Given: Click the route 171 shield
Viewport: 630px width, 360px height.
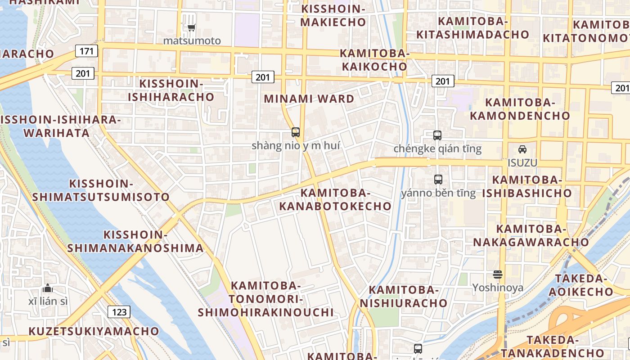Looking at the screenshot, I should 86,51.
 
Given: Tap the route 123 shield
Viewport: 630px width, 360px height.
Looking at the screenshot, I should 119,311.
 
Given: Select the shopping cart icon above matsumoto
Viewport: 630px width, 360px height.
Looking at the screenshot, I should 192,28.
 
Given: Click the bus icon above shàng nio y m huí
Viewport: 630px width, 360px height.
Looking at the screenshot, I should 295,132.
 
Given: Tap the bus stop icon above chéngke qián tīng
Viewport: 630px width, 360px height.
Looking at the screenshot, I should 437,135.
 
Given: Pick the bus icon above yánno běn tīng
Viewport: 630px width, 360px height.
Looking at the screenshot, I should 438,180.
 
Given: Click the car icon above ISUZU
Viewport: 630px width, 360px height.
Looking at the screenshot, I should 522,149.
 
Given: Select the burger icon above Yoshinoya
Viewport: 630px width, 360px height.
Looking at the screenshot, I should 497,274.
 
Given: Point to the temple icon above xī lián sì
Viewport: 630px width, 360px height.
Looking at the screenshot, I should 48,288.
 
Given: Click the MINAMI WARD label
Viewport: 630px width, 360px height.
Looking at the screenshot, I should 309,99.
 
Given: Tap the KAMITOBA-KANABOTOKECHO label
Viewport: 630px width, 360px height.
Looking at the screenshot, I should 335,199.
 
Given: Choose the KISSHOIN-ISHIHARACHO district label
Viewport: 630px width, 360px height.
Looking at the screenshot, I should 171,90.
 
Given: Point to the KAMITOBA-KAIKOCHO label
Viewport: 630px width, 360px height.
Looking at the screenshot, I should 374,60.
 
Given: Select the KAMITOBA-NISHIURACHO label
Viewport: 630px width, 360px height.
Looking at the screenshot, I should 404,296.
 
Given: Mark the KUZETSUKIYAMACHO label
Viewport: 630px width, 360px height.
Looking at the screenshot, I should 94,331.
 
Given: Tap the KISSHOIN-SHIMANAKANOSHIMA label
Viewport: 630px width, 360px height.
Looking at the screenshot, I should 135,241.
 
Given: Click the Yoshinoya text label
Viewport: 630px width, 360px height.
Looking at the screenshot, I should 498,288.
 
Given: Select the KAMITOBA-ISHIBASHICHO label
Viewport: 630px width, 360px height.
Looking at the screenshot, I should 527,187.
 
